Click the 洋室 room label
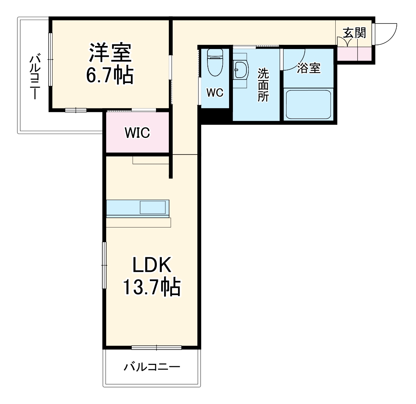tap(110, 52)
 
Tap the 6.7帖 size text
tap(110, 75)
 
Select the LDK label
tap(152, 265)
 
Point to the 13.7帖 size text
tap(151, 287)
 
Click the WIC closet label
tap(138, 132)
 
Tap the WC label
tap(215, 93)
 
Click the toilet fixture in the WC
tap(215, 62)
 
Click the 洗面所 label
tap(263, 85)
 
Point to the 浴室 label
tap(309, 68)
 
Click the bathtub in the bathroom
tap(308, 104)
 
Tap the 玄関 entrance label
tap(355, 33)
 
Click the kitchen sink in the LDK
tap(153, 207)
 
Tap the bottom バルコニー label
tap(152, 367)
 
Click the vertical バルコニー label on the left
tap(35, 76)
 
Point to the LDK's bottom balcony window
tap(156, 347)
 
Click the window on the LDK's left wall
tap(104, 265)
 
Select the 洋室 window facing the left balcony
tap(51, 59)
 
